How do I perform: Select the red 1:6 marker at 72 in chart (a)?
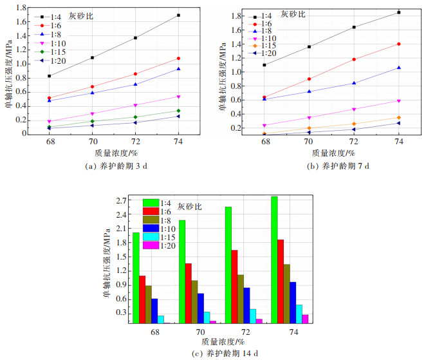[x=135, y=74]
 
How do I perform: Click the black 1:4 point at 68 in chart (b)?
[x=264, y=65]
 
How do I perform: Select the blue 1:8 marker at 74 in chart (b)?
[x=399, y=68]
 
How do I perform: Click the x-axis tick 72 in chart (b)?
[x=354, y=140]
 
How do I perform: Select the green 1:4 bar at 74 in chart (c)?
[x=274, y=259]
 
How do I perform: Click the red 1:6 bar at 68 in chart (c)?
[x=142, y=299]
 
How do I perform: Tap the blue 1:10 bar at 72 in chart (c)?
[x=247, y=305]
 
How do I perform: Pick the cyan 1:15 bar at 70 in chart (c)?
[x=207, y=317]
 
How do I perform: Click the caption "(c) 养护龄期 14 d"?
[x=212, y=354]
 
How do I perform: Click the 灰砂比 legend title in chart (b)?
[x=293, y=13]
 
